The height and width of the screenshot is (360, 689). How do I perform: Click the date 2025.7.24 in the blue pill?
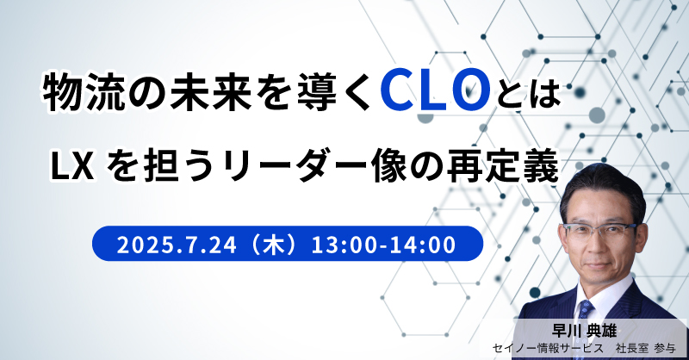[177, 245]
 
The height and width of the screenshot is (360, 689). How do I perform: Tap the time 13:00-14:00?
[383, 245]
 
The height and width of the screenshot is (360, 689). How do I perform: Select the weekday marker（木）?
[274, 245]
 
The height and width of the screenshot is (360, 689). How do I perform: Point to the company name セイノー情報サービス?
[548, 349]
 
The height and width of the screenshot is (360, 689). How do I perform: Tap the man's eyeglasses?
[599, 230]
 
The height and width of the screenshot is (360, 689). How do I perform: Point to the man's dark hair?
[602, 187]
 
